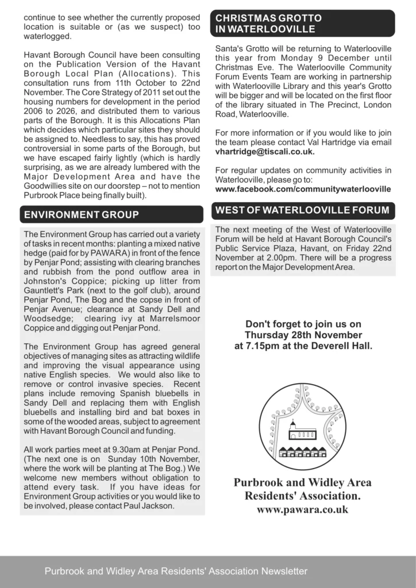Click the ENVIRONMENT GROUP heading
(81, 215)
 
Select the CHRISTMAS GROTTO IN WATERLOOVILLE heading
(268, 24)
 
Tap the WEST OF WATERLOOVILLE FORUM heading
(302, 211)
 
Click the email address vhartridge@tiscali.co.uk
(265, 152)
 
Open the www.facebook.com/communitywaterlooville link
(303, 188)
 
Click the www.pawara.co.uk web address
(302, 509)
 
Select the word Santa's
(229, 48)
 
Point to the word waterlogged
(48, 36)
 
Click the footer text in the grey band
(176, 571)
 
